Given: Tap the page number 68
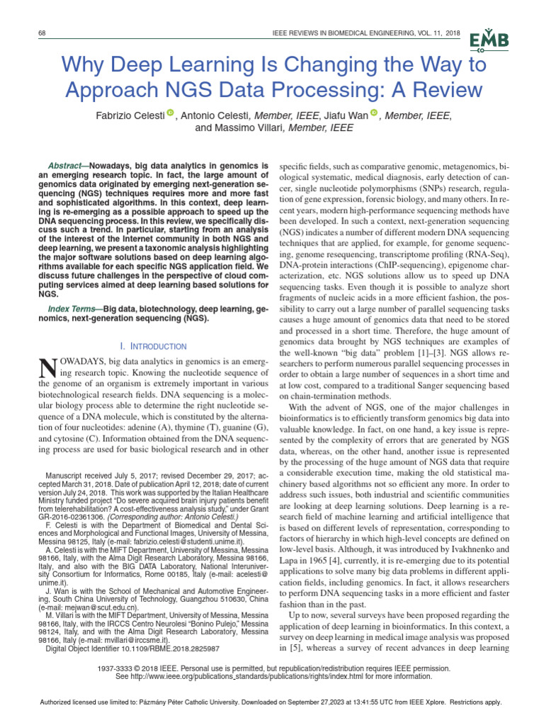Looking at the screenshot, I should [42, 35].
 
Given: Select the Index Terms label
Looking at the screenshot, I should [73, 309].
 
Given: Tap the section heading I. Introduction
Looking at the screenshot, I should [153, 346].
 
